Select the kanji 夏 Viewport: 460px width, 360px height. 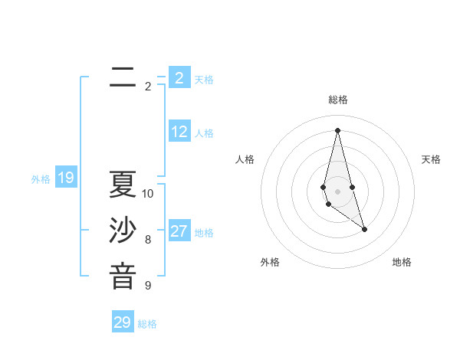point(123,185)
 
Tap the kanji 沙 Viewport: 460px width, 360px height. point(123,231)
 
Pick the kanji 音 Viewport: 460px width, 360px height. point(123,276)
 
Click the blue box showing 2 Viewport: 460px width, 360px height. point(179,78)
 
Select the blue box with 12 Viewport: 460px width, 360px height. point(179,132)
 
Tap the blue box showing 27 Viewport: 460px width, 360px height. point(179,231)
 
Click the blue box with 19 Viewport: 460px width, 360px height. point(65,178)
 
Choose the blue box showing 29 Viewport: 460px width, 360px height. point(123,322)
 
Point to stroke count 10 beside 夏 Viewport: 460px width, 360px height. point(148,194)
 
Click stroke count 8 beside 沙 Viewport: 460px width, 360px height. point(148,240)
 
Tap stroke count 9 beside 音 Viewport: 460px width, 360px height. point(148,286)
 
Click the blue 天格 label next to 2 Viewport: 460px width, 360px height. point(204,80)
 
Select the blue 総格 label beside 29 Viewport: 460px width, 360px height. point(147,324)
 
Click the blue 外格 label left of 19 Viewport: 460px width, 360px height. point(41,180)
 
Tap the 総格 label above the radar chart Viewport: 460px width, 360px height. point(338,100)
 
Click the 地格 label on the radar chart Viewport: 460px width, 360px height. point(402,262)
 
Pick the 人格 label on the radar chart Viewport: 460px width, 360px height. point(245,159)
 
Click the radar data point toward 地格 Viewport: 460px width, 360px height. point(364,229)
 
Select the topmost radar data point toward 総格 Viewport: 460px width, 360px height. point(338,129)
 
